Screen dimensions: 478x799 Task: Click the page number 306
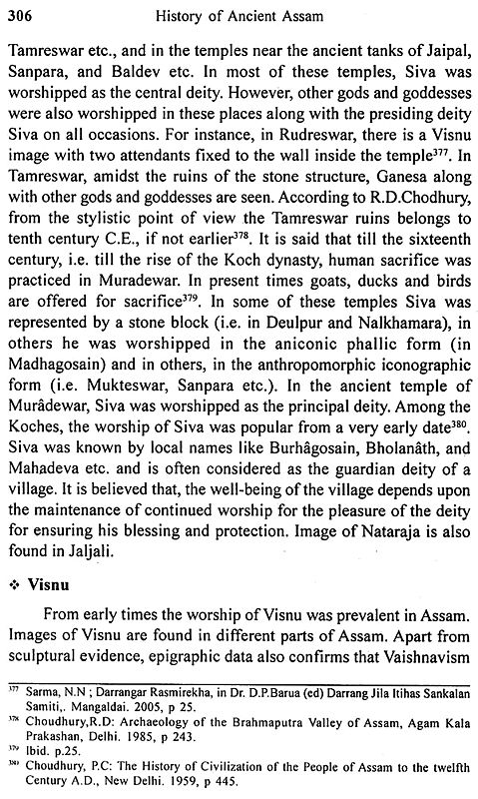pyautogui.click(x=21, y=13)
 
